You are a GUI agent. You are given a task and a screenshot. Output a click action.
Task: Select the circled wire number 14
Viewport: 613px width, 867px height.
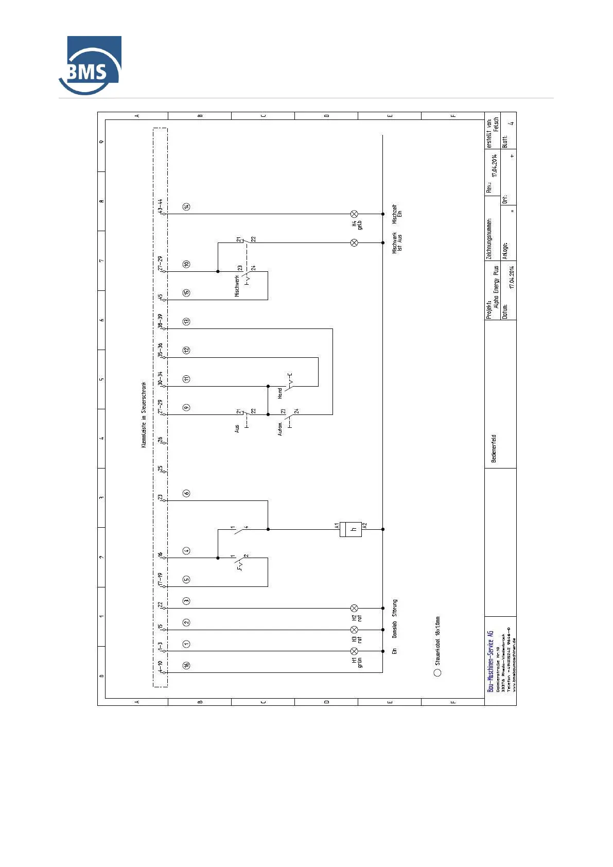coord(186,206)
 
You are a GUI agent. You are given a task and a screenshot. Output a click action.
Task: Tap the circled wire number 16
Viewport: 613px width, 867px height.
coord(186,665)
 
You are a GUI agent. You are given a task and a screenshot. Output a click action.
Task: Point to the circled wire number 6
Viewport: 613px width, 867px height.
coord(186,493)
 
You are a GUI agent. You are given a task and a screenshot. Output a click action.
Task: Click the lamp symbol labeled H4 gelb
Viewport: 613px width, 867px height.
coord(354,214)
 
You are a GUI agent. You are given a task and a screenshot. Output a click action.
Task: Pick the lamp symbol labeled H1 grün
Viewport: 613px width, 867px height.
coord(354,651)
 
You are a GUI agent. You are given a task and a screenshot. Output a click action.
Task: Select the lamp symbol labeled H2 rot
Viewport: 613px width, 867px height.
coord(354,608)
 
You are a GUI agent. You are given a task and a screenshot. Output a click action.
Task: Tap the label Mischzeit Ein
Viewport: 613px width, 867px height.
coord(397,213)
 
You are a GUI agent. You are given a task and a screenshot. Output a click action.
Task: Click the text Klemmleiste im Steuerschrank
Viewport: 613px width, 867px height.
coord(144,414)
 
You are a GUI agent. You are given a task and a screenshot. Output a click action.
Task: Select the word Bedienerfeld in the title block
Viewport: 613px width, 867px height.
coord(494,448)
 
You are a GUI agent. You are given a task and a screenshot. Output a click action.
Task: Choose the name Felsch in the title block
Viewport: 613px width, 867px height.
coord(496,124)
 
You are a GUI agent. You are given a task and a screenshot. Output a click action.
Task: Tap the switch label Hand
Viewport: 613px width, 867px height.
coord(280,393)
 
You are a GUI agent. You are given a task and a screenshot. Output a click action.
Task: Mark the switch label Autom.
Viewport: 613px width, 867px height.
coord(280,428)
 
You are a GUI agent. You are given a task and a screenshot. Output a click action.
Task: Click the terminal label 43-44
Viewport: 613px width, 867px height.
coord(161,206)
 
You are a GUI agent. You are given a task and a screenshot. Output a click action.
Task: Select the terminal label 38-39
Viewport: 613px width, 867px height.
coord(161,321)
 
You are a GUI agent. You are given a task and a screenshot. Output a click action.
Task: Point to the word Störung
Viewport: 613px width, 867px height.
coord(395,608)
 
